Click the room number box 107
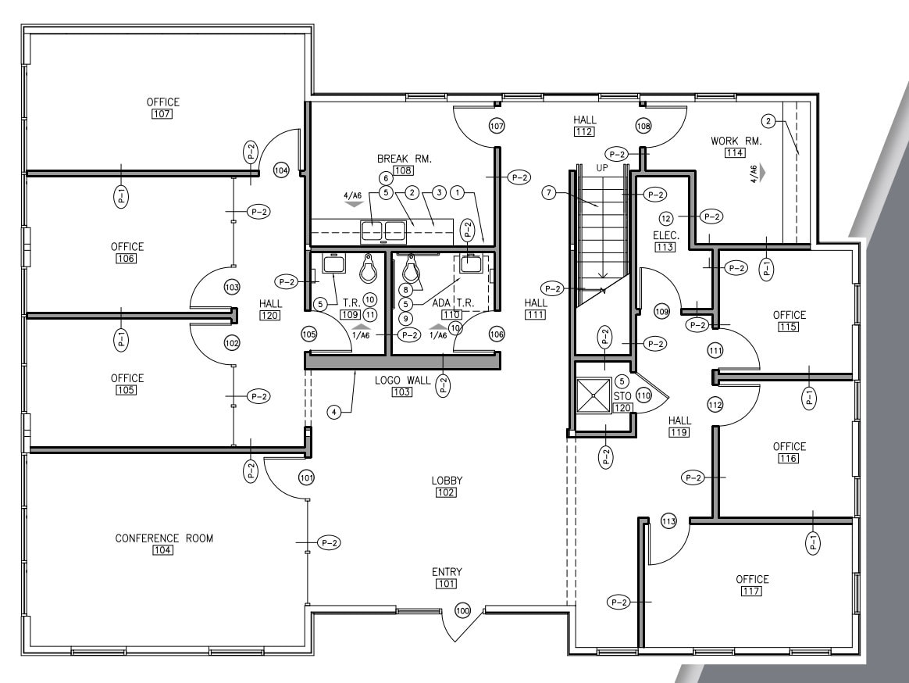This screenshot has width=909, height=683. coord(162,114)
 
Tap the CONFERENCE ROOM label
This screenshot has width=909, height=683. coord(164,538)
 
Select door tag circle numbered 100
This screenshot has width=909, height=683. coord(463,610)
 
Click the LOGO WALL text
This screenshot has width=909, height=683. coord(402,380)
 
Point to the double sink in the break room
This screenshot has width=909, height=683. coord(383,230)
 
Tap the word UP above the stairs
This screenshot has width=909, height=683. coord(602,167)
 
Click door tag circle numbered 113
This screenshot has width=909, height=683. coord(668,521)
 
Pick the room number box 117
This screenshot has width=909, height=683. coord(752,592)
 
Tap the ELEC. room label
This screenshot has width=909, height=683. coord(666,235)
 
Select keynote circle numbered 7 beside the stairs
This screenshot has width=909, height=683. coord(550,192)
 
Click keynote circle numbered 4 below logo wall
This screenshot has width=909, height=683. coord(334,412)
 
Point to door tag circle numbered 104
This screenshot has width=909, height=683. coord(281,170)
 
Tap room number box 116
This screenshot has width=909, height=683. coord(789,459)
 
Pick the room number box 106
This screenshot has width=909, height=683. coord(127,259)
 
